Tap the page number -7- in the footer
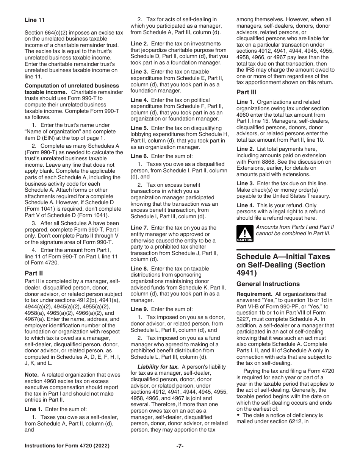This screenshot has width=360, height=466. click(180, 446)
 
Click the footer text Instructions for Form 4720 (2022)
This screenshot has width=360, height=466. click(67, 446)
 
